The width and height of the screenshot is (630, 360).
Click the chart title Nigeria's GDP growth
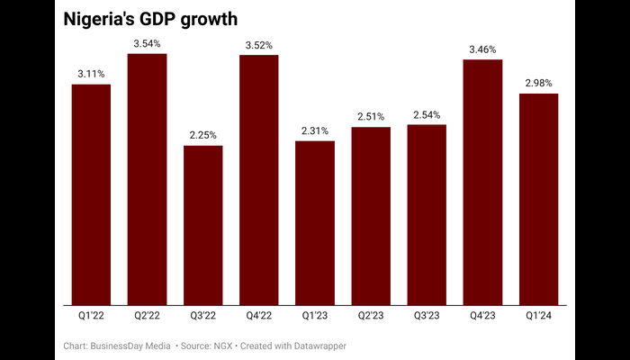pyautogui.click(x=150, y=20)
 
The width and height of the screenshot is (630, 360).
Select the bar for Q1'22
pyautogui.click(x=91, y=193)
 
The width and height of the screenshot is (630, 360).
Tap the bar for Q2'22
pyautogui.click(x=147, y=179)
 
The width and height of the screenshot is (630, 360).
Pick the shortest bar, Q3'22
pyautogui.click(x=202, y=225)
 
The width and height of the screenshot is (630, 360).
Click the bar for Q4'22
pyautogui.click(x=258, y=180)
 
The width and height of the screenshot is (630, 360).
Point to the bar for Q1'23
pyautogui.click(x=315, y=222)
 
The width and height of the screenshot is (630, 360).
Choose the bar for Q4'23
pyautogui.click(x=482, y=182)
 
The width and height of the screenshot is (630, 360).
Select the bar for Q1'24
pyautogui.click(x=538, y=199)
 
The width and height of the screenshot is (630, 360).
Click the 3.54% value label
pyautogui.click(x=147, y=43)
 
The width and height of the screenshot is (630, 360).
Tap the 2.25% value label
pyautogui.click(x=202, y=135)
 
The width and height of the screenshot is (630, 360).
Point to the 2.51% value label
pyautogui.click(x=371, y=116)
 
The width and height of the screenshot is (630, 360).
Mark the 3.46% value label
pyautogui.click(x=482, y=49)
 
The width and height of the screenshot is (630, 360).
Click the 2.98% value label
pyautogui.click(x=538, y=83)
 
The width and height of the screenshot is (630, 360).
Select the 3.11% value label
pyautogui.click(x=91, y=74)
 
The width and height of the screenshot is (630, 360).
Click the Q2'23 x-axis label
pyautogui.click(x=371, y=316)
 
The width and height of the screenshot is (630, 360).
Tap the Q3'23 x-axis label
pyautogui.click(x=427, y=316)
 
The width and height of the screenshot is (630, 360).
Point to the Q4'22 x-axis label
pyautogui.click(x=258, y=316)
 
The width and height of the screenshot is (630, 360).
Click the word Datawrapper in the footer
pyautogui.click(x=316, y=346)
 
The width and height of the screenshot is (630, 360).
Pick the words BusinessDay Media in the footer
pyautogui.click(x=130, y=346)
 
